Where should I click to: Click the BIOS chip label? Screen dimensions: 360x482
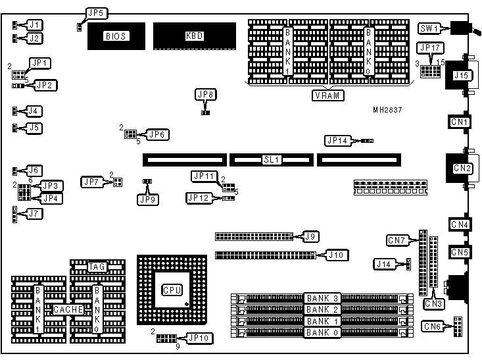coord(116,36)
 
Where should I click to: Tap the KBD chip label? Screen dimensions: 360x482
coord(195,36)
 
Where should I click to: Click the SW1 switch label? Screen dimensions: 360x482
coord(430,28)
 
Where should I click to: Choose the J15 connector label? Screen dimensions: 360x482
coord(461,76)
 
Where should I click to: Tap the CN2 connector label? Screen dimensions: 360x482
coord(463,169)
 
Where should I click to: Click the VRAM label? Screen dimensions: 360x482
coord(329,95)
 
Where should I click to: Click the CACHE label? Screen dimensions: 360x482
coord(68,309)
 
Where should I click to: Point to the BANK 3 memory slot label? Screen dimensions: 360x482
coord(322,299)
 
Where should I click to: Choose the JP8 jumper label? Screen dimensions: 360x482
coord(206,95)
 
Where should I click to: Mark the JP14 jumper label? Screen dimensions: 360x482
coord(337,140)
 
